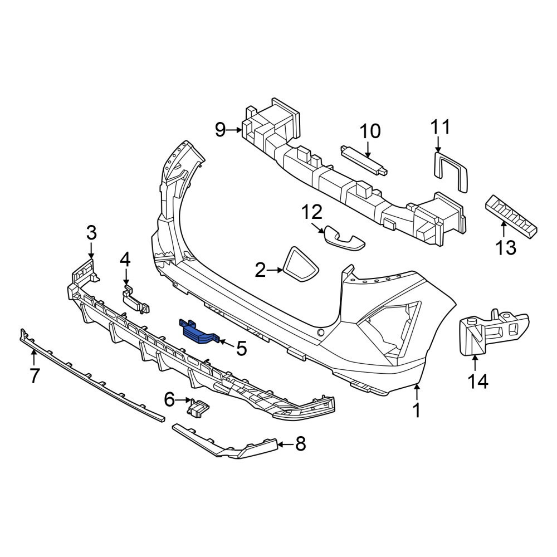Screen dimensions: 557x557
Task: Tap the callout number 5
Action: point(242,349)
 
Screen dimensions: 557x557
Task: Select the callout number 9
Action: point(220,130)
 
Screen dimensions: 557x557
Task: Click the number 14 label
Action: point(478,382)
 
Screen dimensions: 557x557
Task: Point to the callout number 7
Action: point(34,375)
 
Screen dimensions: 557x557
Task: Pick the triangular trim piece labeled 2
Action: point(301,263)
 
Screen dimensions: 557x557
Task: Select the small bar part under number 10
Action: point(364,160)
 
